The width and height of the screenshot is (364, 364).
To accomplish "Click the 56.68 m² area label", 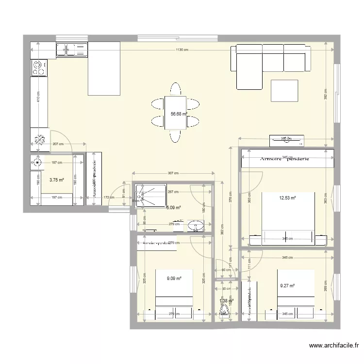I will (x=179, y=115).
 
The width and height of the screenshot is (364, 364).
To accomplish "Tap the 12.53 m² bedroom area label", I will (x=287, y=198).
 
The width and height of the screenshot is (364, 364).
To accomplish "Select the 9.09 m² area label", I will (x=174, y=279).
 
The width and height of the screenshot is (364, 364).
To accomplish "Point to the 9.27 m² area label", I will (x=287, y=286).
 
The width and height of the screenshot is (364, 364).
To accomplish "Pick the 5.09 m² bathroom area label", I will (x=173, y=208).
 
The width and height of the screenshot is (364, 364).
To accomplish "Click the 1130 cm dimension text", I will (x=182, y=50).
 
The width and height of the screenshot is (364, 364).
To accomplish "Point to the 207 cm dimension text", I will (x=58, y=144).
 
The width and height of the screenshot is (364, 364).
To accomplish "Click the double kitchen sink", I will (x=71, y=49).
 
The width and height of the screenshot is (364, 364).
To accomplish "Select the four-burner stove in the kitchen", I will (x=39, y=67).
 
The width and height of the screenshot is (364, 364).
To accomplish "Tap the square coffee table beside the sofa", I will (x=284, y=90).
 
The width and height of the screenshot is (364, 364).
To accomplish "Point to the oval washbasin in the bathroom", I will (x=196, y=225).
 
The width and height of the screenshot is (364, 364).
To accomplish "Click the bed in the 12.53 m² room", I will (x=288, y=217).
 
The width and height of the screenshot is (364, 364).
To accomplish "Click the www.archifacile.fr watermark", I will (x=334, y=346).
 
